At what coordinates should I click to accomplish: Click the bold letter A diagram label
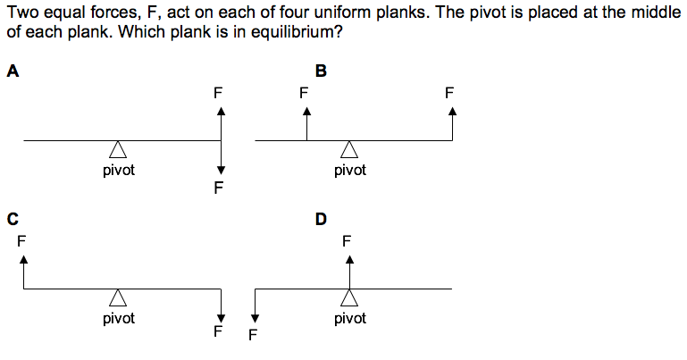tap(12, 72)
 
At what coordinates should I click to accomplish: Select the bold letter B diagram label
tap(321, 72)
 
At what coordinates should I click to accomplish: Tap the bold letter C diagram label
tap(12, 217)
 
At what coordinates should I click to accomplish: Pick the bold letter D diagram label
tap(321, 217)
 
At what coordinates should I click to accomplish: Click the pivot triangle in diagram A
tap(117, 150)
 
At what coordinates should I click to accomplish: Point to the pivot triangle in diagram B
tap(349, 150)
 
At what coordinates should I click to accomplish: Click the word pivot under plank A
tap(118, 170)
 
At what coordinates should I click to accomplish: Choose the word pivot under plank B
tap(350, 170)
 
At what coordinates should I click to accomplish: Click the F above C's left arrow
tap(21, 240)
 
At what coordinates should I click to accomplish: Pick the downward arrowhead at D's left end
tap(256, 317)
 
